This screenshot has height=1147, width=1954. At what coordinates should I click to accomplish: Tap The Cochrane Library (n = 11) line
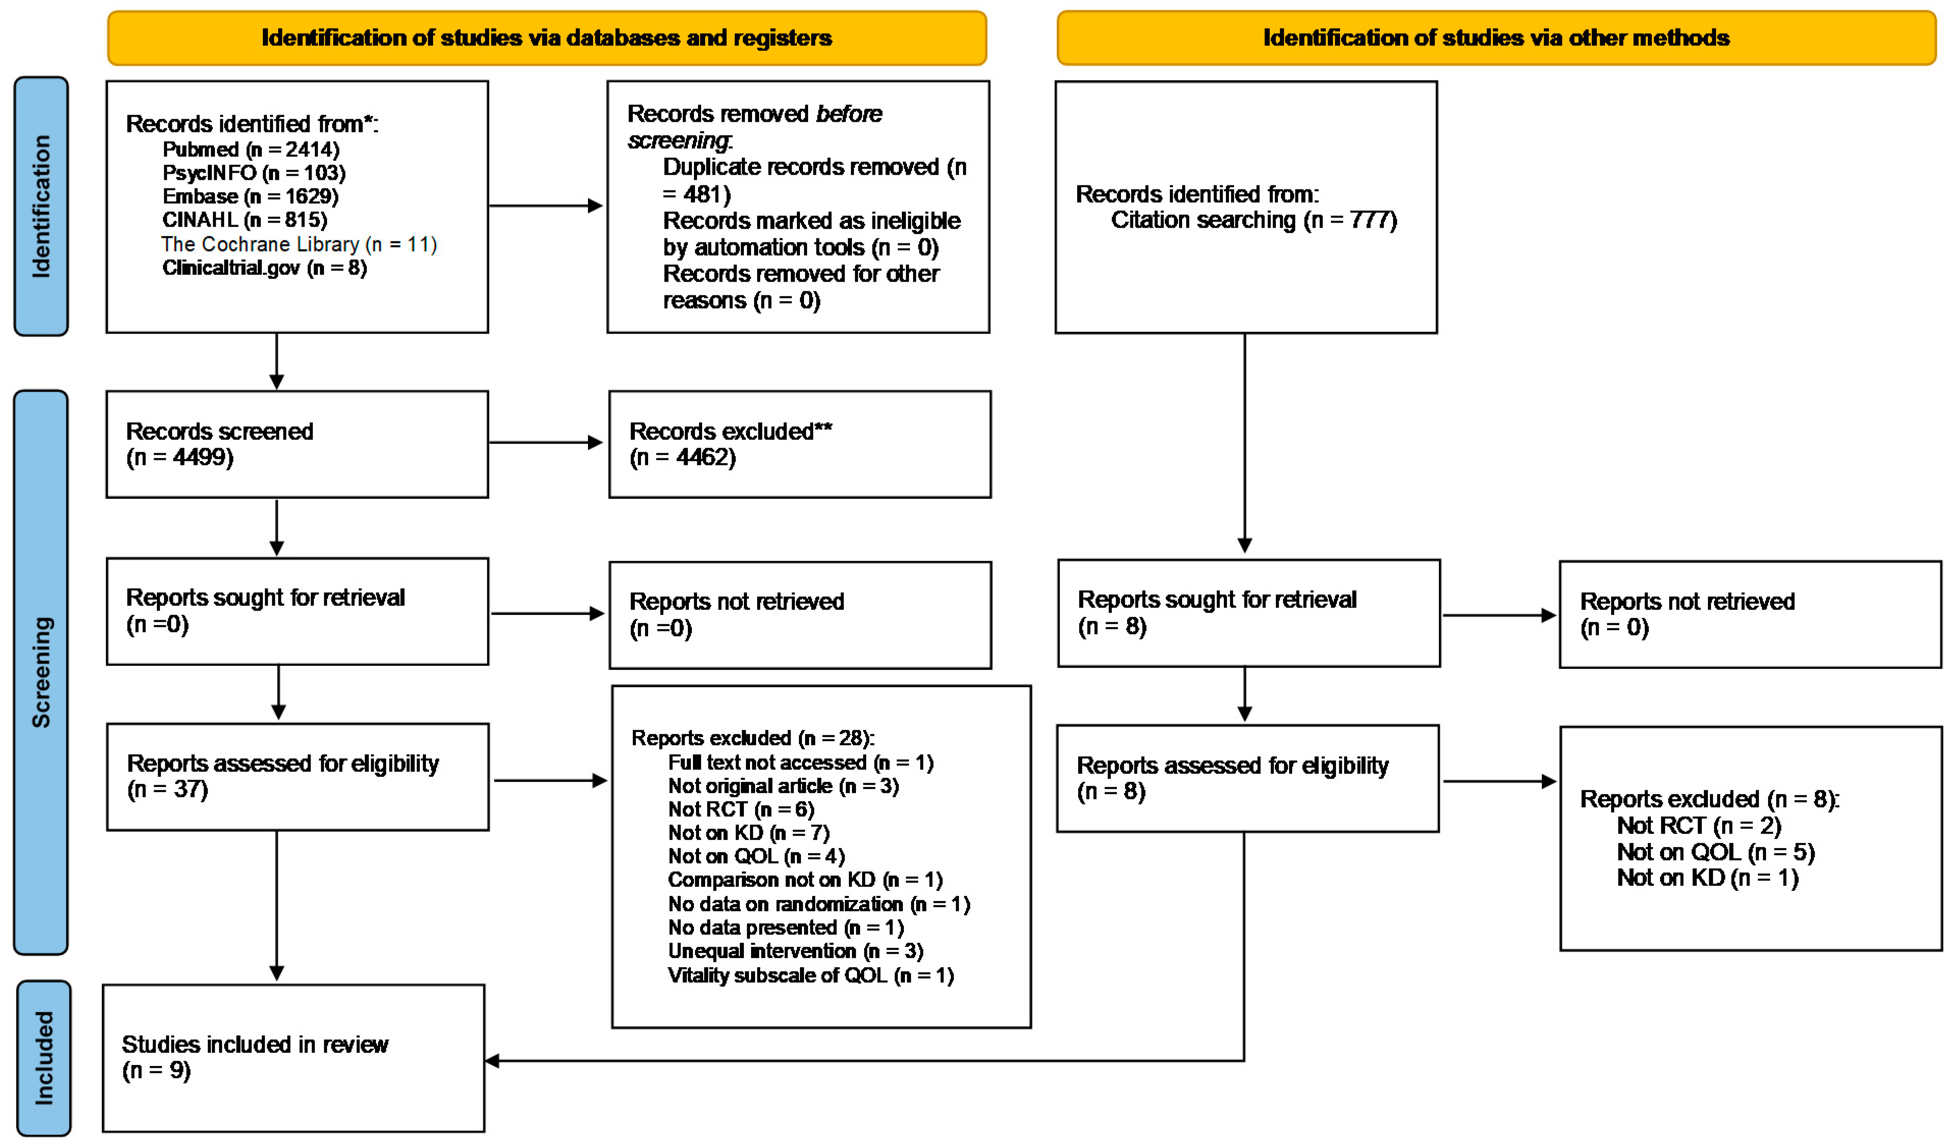pyautogui.click(x=299, y=244)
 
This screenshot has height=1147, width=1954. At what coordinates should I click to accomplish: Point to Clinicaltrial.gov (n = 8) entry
pyautogui.click(x=263, y=268)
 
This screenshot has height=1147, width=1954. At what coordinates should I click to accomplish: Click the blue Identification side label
pyautogui.click(x=41, y=206)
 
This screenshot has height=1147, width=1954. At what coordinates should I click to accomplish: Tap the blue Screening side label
pyautogui.click(x=41, y=672)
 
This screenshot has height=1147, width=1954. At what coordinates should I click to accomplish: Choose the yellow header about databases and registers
pyautogui.click(x=547, y=38)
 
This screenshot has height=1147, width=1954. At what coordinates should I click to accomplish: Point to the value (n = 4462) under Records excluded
pyautogui.click(x=682, y=457)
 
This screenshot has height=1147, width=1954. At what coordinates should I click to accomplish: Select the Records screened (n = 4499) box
pyautogui.click(x=297, y=444)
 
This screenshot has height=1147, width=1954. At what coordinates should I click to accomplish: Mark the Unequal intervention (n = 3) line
pyautogui.click(x=795, y=951)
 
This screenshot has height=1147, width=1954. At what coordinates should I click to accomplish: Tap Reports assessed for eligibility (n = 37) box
pyautogui.click(x=297, y=776)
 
